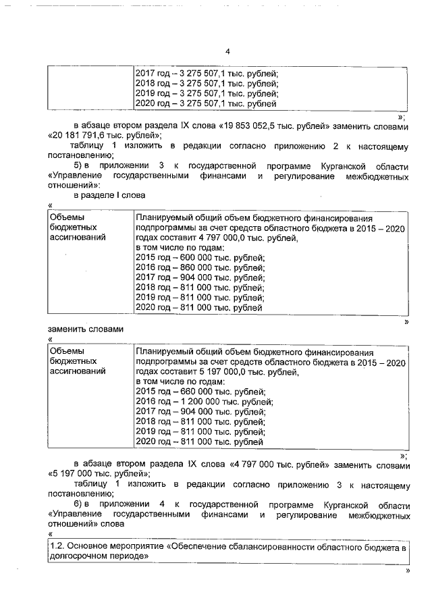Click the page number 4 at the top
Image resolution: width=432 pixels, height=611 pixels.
[227, 52]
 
